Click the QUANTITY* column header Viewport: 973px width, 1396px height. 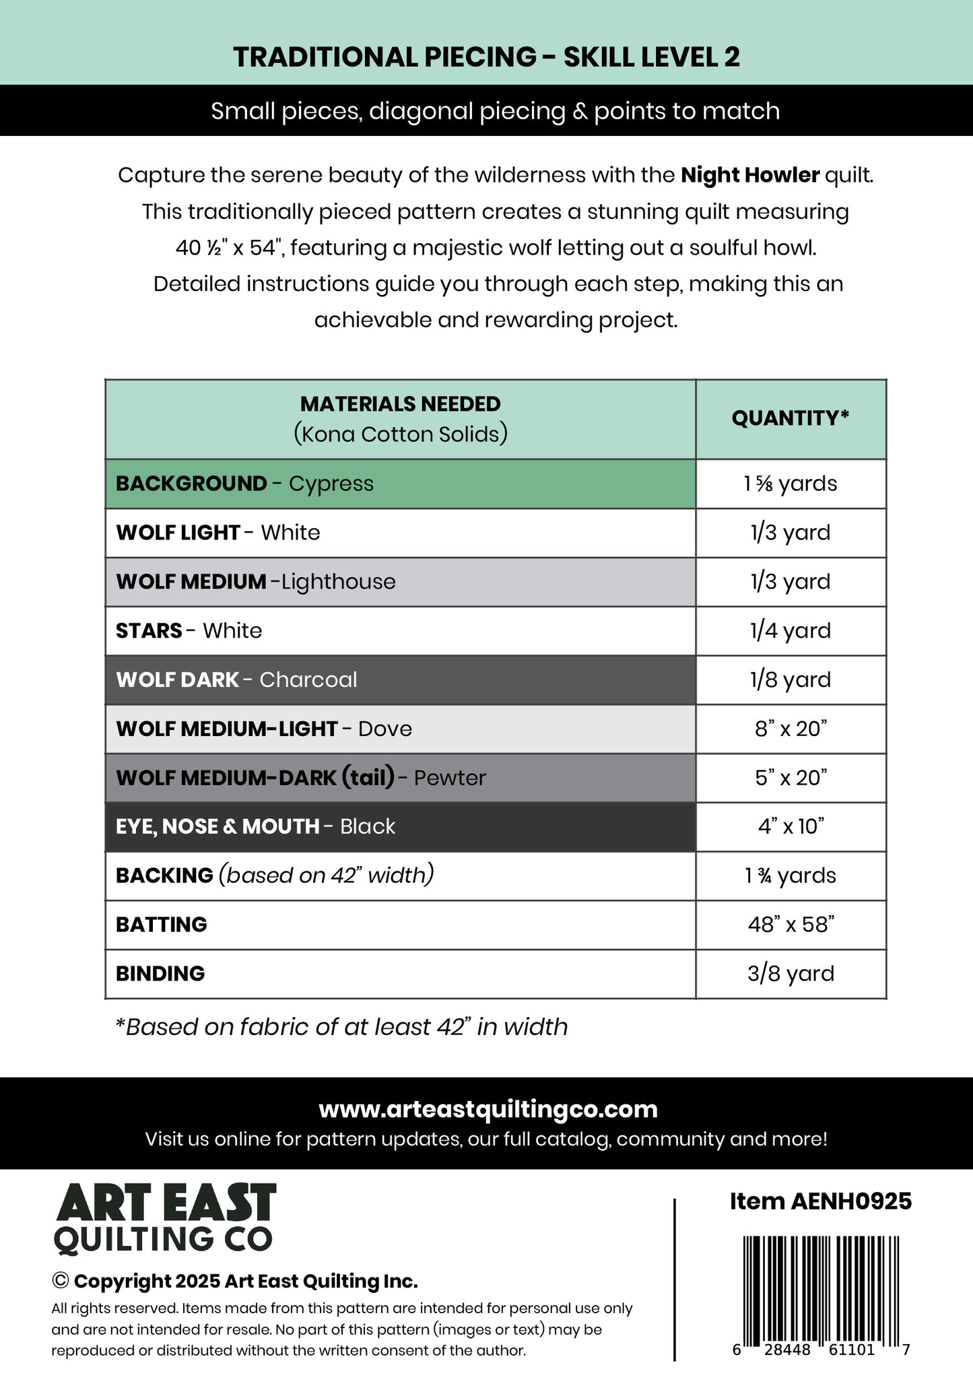pos(790,418)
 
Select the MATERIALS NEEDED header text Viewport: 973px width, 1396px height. pos(400,404)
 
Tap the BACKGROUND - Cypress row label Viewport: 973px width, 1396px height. pos(244,484)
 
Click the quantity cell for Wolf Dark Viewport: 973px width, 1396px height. pos(790,679)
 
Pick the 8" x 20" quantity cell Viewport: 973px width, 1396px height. pos(790,729)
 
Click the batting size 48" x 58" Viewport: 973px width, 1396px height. pos(790,925)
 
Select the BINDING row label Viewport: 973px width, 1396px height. pos(160,974)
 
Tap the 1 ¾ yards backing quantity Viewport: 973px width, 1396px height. pos(790,875)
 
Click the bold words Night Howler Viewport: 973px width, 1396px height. pos(749,175)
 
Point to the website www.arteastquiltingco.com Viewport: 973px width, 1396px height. pos(488,1109)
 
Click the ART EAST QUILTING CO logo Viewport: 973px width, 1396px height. pos(164,1220)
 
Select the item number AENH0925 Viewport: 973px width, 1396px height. pos(820,1201)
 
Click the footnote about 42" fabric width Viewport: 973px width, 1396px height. pos(341,1027)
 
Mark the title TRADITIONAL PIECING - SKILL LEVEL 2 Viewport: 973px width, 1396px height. pos(486,57)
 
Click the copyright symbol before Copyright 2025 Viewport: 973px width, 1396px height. pos(60,1281)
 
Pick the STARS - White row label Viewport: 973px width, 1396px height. pos(189,631)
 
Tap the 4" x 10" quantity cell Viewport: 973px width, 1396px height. pos(790,826)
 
